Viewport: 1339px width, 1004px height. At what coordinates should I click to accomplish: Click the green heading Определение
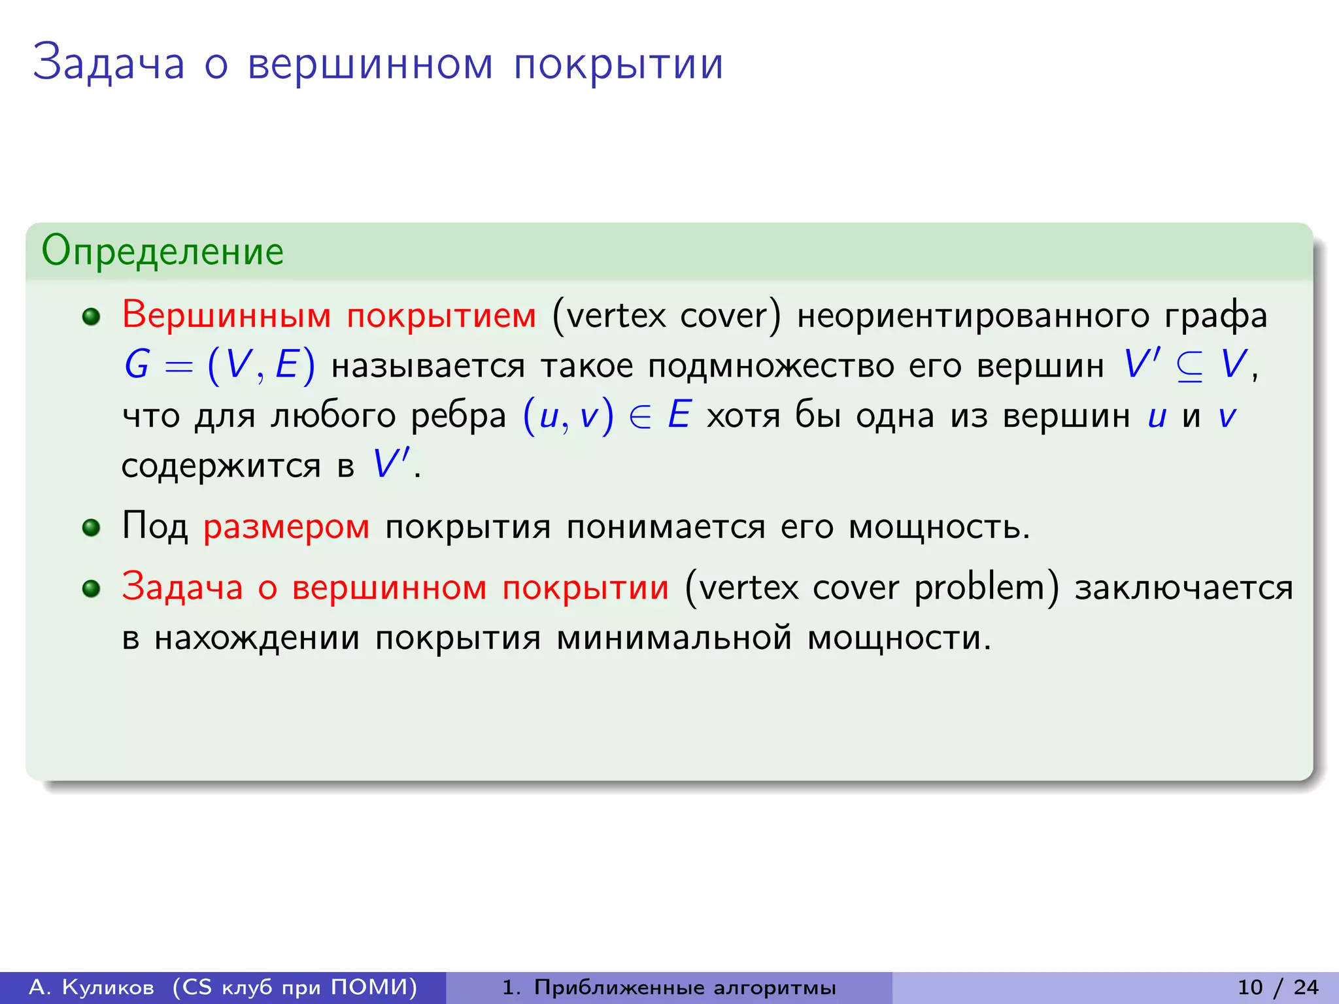click(x=162, y=251)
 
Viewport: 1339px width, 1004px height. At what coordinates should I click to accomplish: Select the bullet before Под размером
click(x=91, y=527)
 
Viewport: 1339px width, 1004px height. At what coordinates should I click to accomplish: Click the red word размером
click(x=286, y=527)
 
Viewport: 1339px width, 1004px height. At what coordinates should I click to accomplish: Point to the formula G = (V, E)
click(x=220, y=365)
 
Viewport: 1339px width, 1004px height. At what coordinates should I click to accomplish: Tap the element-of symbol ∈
click(x=640, y=416)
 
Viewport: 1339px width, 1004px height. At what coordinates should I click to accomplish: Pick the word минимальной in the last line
click(x=674, y=638)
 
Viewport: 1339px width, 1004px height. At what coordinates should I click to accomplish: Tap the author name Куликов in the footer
click(x=108, y=987)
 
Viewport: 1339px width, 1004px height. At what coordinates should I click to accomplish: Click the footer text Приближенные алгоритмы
click(x=685, y=987)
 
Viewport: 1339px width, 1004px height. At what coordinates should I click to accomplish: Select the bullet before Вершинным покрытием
click(x=91, y=317)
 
